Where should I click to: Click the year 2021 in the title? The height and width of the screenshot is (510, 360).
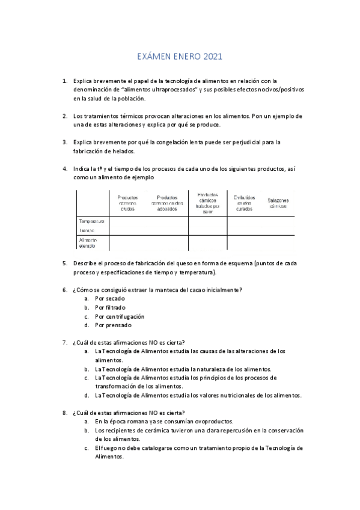(x=213, y=57)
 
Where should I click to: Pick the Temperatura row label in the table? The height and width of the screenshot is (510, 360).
(x=91, y=221)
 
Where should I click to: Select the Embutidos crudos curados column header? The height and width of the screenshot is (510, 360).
(x=245, y=203)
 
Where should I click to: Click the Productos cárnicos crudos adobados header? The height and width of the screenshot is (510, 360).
(x=166, y=203)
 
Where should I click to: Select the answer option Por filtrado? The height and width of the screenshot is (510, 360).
(x=111, y=307)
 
